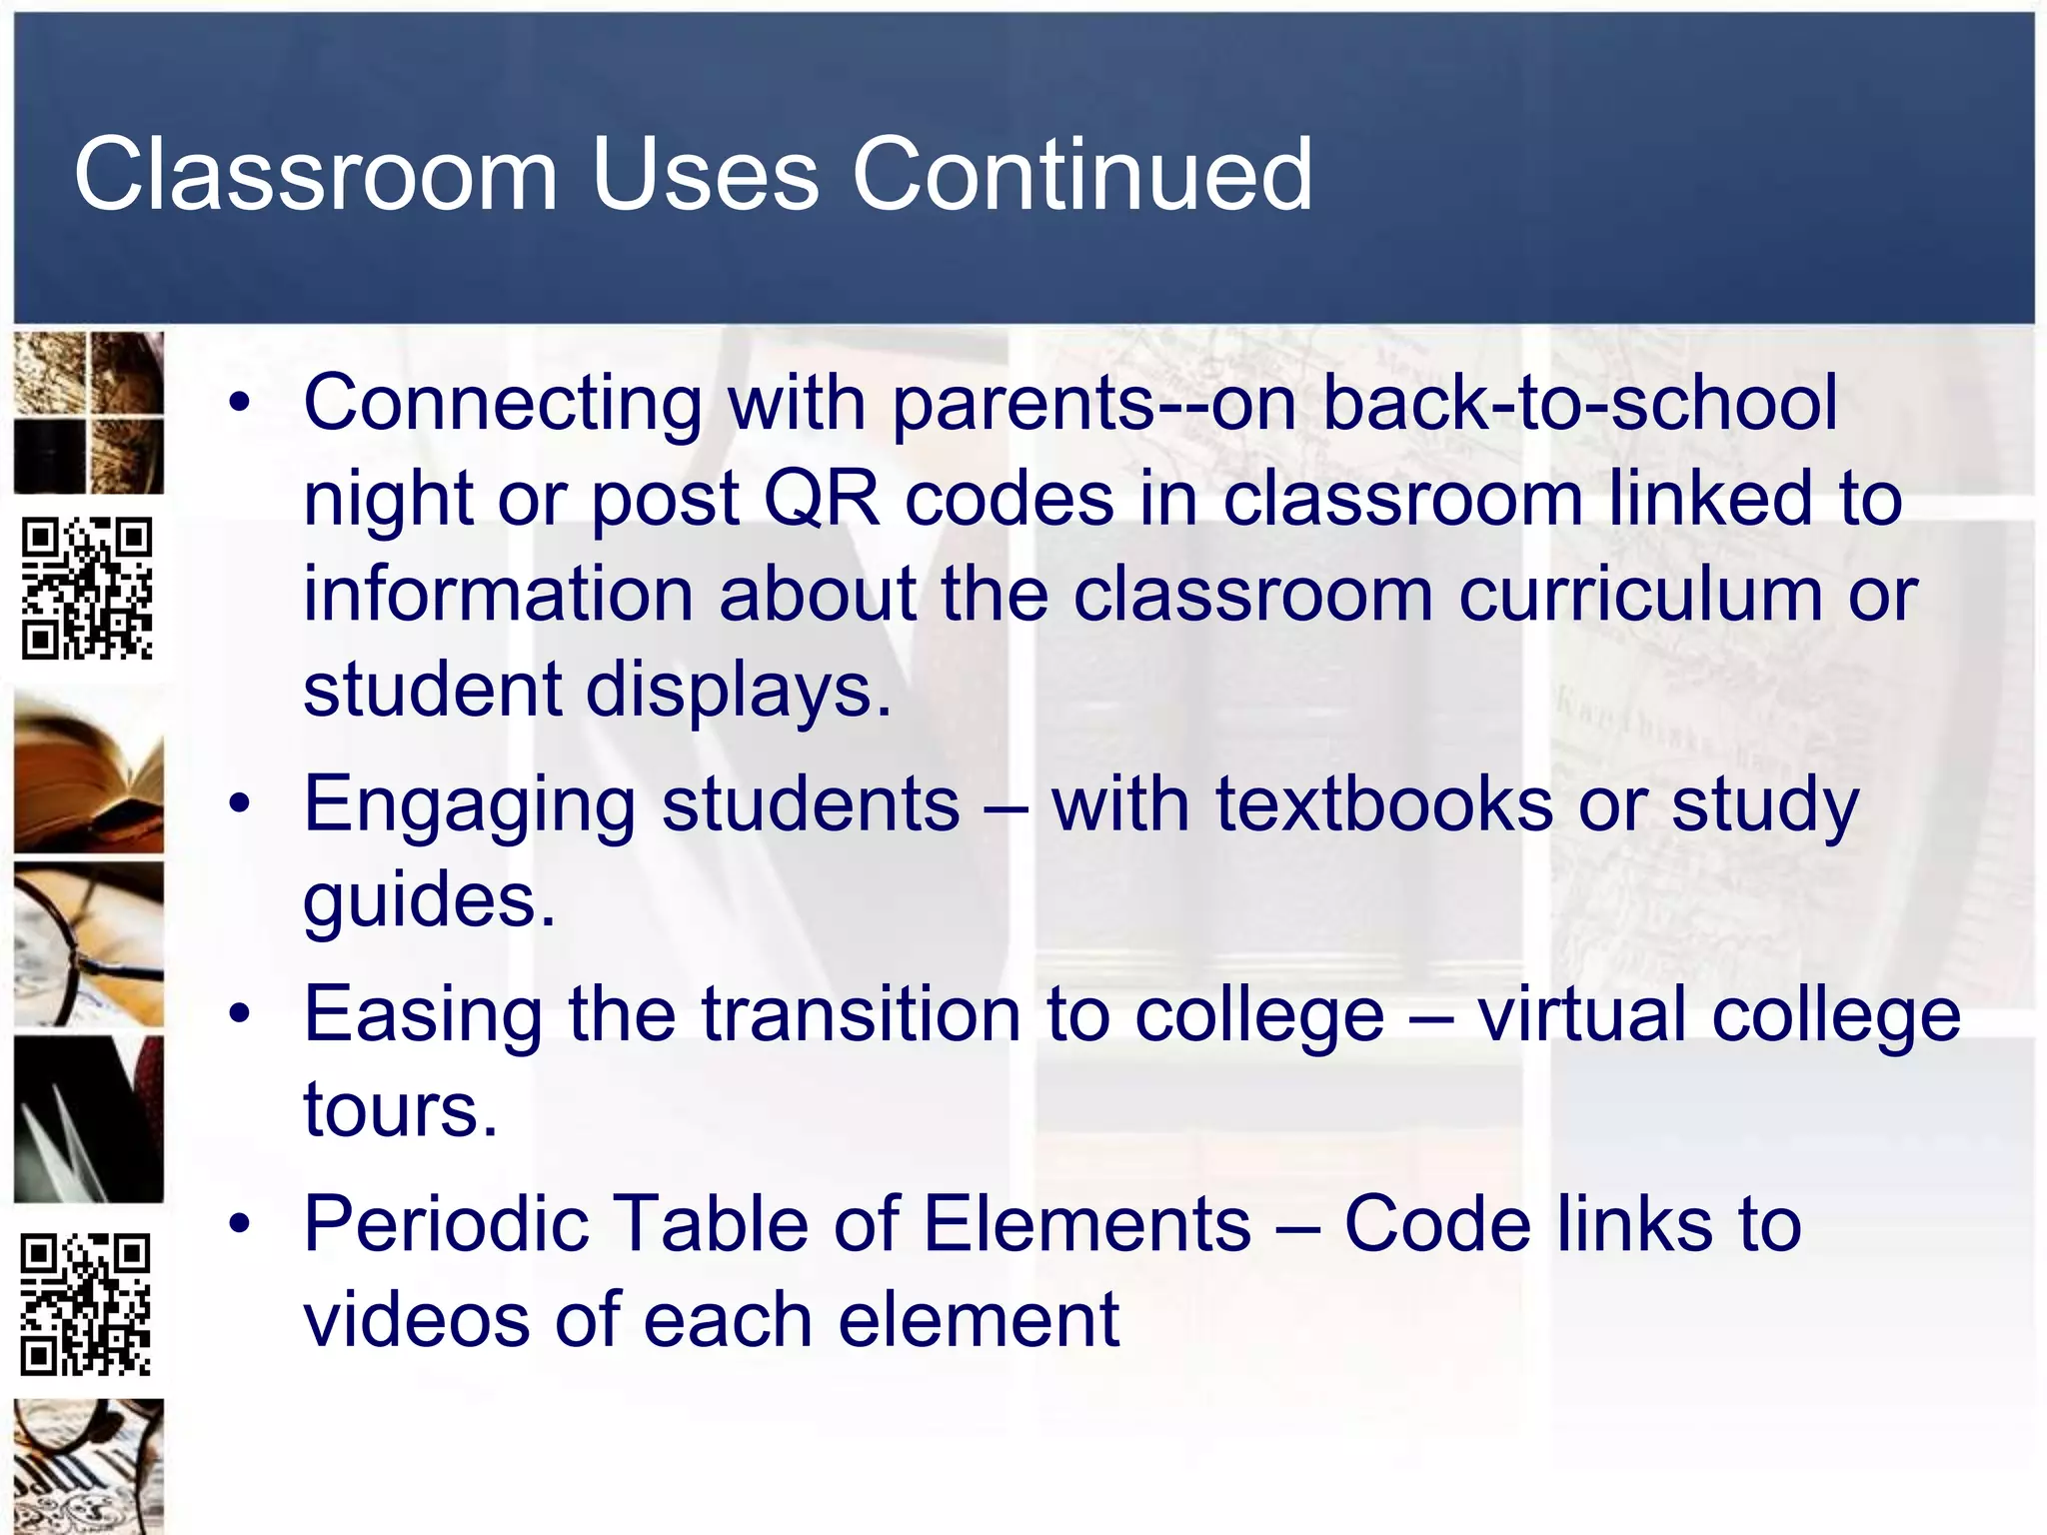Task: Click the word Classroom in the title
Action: (x=315, y=175)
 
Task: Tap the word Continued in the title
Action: (x=1081, y=175)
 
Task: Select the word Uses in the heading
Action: (x=705, y=175)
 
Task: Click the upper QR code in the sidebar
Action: (x=88, y=589)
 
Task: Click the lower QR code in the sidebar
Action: (x=86, y=1304)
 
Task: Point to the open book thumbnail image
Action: (x=88, y=775)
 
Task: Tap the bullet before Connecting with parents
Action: (x=240, y=404)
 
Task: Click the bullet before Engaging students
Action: (x=240, y=804)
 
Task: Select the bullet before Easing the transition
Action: (x=240, y=1014)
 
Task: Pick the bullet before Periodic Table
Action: (x=240, y=1224)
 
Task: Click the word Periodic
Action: (x=446, y=1224)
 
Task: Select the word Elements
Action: (x=1086, y=1224)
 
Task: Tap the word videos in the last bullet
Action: (x=416, y=1320)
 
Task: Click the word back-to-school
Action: (x=1579, y=404)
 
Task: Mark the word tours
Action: (x=400, y=1110)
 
